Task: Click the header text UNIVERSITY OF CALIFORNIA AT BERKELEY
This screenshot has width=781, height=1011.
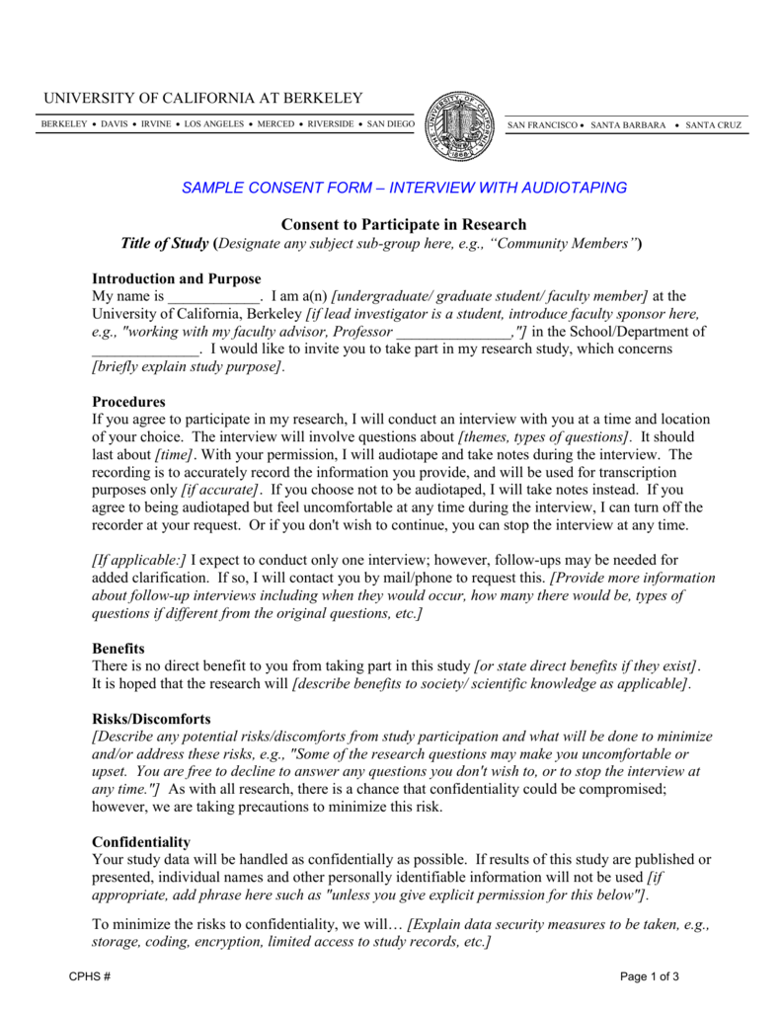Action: point(201,98)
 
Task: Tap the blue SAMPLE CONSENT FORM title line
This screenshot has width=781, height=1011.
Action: point(404,188)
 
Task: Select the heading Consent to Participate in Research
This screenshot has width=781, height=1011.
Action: point(404,225)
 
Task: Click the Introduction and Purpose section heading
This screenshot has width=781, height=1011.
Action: point(176,278)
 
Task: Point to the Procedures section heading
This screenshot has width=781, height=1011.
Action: point(128,402)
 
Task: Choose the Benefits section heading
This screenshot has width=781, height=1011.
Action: point(118,649)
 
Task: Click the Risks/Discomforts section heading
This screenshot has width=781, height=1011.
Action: point(151,719)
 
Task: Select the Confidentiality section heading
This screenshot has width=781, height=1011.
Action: point(141,842)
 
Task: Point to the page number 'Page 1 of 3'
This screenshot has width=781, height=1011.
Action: point(649,976)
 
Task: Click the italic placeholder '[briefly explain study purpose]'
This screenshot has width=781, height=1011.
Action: point(188,367)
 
